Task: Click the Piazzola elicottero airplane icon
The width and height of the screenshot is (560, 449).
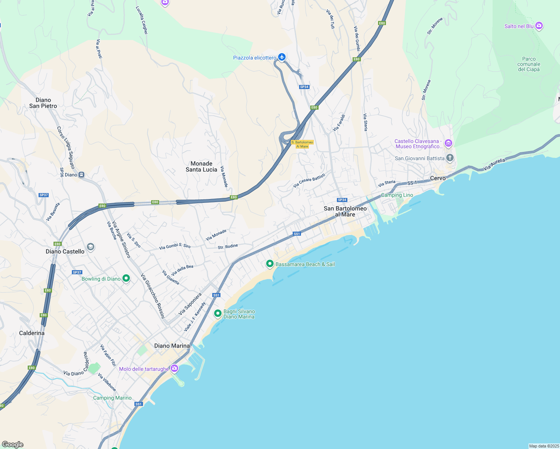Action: [x=282, y=57]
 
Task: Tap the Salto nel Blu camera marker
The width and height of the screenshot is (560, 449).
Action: [x=539, y=26]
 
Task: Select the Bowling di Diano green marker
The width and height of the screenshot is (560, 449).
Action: [x=126, y=278]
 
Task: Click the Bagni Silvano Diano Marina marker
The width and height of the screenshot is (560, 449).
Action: [x=218, y=314]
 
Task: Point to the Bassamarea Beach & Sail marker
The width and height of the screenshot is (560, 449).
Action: [x=270, y=264]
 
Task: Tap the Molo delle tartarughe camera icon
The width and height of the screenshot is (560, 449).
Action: [x=174, y=369]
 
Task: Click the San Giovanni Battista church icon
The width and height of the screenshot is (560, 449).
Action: [x=450, y=158]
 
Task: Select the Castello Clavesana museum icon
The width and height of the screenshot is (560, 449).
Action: [x=448, y=143]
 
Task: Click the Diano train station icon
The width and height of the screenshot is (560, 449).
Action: [x=82, y=175]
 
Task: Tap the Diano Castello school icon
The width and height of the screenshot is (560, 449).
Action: [x=90, y=247]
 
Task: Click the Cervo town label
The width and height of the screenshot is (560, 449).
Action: [x=438, y=178]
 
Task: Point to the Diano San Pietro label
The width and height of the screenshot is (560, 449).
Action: [x=43, y=103]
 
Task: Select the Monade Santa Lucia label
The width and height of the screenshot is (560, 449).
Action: [x=201, y=167]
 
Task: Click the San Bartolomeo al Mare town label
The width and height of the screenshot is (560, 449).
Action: [x=345, y=211]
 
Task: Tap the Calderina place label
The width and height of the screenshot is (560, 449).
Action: [x=32, y=333]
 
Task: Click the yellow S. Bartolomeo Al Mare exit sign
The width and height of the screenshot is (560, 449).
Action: [x=302, y=144]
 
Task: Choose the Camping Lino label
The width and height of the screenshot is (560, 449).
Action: [x=397, y=195]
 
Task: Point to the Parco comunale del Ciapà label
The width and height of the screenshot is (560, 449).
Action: [x=529, y=64]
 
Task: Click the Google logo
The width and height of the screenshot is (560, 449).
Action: [x=13, y=445]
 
